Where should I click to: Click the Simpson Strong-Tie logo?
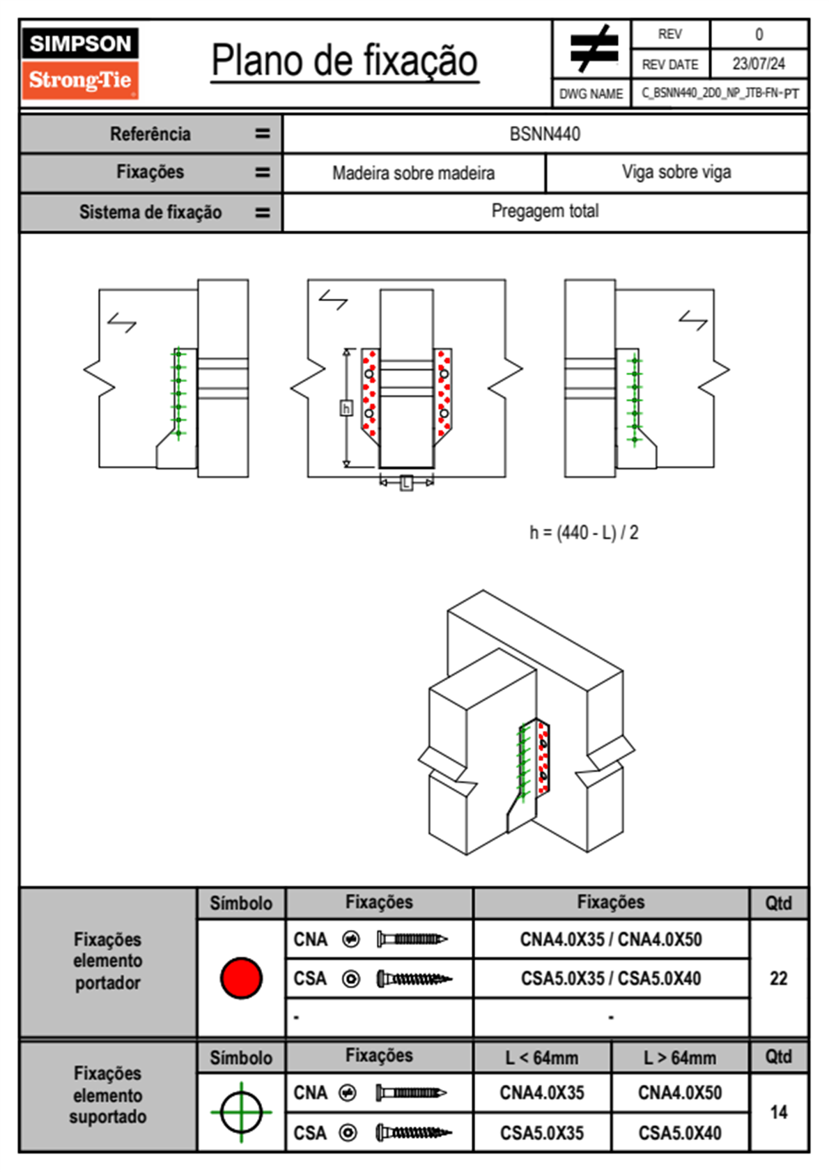pyautogui.click(x=80, y=63)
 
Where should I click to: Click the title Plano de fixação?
pyautogui.click(x=344, y=61)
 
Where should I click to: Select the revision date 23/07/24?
pyautogui.click(x=758, y=64)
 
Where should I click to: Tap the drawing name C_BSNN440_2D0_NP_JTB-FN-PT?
pyautogui.click(x=720, y=93)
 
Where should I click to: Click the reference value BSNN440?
pyautogui.click(x=545, y=134)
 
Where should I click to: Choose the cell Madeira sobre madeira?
pyautogui.click(x=413, y=173)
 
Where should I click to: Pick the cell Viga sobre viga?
pyautogui.click(x=676, y=172)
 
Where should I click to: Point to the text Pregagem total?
pyautogui.click(x=545, y=211)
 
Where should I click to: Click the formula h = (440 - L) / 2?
pyautogui.click(x=584, y=533)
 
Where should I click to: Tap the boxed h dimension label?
pyautogui.click(x=346, y=408)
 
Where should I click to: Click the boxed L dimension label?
pyautogui.click(x=407, y=482)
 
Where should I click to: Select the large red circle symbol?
pyautogui.click(x=241, y=978)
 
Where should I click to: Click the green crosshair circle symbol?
pyautogui.click(x=241, y=1112)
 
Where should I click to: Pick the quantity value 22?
pyautogui.click(x=778, y=978)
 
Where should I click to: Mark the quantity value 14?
pyautogui.click(x=778, y=1112)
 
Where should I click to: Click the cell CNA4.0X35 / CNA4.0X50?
pyautogui.click(x=611, y=939)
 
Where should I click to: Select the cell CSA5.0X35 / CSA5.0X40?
pyautogui.click(x=611, y=978)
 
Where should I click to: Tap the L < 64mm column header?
pyautogui.click(x=542, y=1058)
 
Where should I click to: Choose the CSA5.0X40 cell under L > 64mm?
pyautogui.click(x=680, y=1133)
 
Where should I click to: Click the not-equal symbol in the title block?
pyautogui.click(x=592, y=49)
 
